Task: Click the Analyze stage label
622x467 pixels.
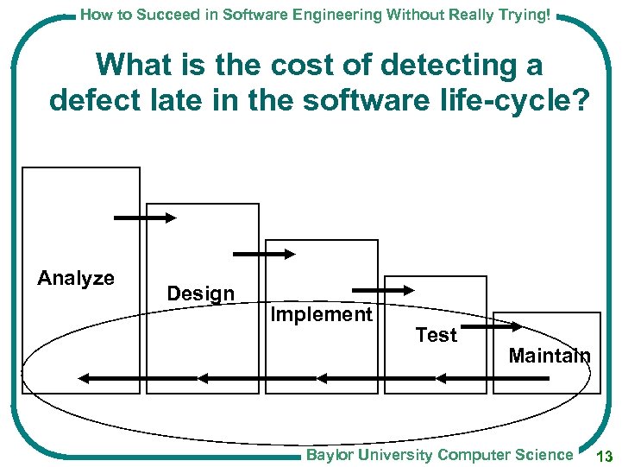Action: coord(76,278)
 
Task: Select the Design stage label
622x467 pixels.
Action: coord(200,293)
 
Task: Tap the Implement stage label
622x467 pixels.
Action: coord(321,314)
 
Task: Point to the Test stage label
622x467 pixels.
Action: coord(436,335)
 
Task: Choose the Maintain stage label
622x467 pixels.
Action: coord(550,355)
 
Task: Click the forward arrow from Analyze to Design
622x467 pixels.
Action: coord(144,218)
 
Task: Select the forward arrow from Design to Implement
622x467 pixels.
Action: coord(264,254)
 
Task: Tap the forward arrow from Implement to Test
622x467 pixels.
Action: coord(383,290)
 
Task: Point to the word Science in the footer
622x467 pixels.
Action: coord(544,455)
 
